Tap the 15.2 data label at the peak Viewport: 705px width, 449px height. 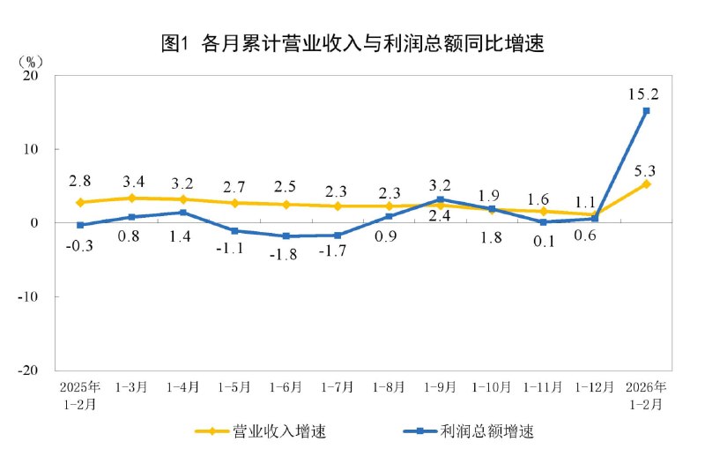click(644, 93)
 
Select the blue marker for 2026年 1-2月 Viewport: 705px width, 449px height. click(646, 111)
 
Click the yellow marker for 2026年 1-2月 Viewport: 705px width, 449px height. click(646, 183)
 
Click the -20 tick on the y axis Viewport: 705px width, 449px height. click(26, 370)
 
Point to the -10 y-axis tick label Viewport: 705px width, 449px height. click(26, 297)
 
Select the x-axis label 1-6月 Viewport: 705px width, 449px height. click(286, 387)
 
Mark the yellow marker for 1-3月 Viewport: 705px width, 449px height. click(131, 198)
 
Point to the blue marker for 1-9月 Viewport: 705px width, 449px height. click(440, 199)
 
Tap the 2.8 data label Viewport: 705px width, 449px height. click(79, 182)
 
